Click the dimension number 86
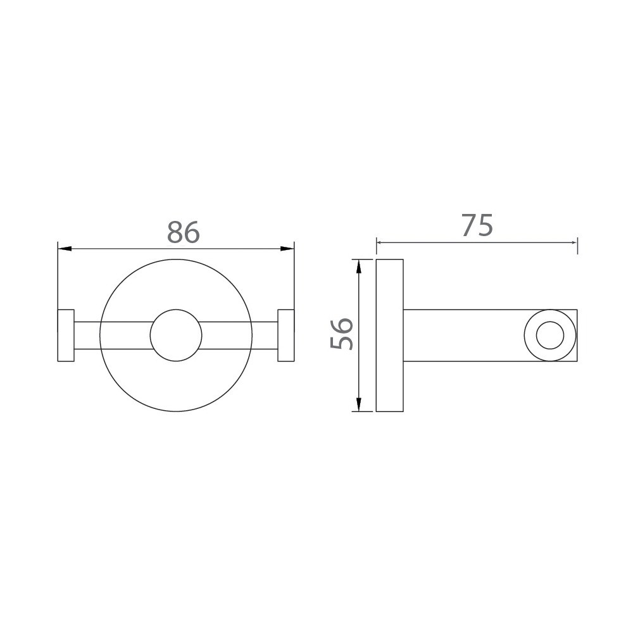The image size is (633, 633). click(x=184, y=232)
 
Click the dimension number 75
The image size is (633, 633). click(x=477, y=225)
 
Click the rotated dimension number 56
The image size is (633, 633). click(x=342, y=334)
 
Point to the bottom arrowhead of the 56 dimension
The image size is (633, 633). click(x=359, y=404)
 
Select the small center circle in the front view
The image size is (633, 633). click(x=176, y=335)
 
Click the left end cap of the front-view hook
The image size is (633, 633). click(x=66, y=335)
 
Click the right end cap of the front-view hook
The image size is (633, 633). click(x=286, y=335)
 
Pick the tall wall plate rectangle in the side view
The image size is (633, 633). click(x=389, y=335)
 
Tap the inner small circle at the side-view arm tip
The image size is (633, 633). click(x=549, y=335)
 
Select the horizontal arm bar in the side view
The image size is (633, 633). click(x=462, y=335)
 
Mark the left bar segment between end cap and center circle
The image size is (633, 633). click(x=113, y=335)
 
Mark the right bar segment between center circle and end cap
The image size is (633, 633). click(x=239, y=335)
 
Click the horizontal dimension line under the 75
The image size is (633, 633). click(x=443, y=241)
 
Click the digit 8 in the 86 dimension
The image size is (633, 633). click(x=175, y=232)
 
